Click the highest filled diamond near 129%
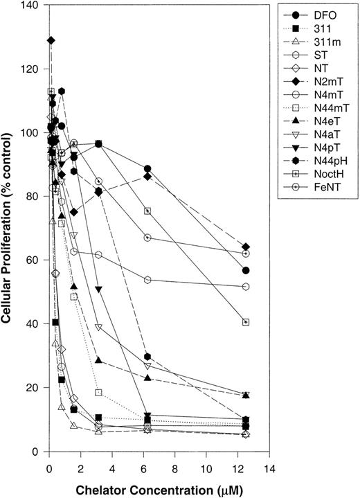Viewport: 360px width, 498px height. (51, 40)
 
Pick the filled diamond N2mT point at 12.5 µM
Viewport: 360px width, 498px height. (246, 247)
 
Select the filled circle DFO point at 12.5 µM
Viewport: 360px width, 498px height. (246, 271)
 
